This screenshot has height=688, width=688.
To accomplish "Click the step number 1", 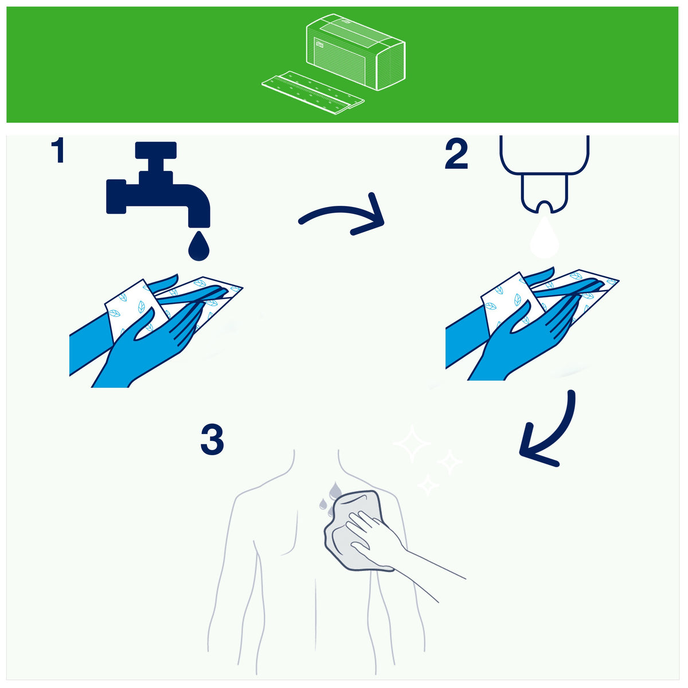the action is click(x=58, y=150).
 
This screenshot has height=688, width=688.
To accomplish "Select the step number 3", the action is click(x=212, y=439).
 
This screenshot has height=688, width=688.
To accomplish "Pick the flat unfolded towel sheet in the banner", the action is click(x=313, y=92).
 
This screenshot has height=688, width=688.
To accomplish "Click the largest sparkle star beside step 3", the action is click(x=412, y=444).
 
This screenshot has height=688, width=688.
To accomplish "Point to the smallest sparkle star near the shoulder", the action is click(x=428, y=484).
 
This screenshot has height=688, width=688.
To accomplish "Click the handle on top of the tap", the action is click(x=156, y=150).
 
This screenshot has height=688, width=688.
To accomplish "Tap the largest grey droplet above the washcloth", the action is click(x=334, y=491).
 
